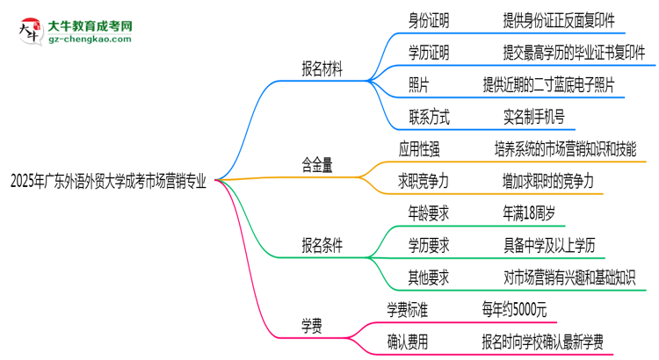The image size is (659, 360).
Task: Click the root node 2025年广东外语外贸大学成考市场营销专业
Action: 108,182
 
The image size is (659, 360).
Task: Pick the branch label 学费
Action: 311,326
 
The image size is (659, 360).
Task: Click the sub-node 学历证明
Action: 428,53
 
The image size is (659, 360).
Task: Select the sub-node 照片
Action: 418,84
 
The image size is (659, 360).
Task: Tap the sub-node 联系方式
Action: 428,116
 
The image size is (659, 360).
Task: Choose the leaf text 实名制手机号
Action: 534,116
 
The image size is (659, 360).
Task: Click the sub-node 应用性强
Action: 424,148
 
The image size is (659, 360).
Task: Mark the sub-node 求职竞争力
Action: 424,180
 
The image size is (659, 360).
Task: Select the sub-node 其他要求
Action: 428,277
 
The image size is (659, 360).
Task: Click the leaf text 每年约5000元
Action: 516,309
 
